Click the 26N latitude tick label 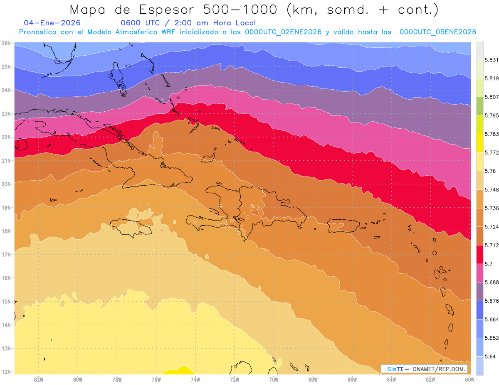coord(6,43)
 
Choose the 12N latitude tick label coord(6,372)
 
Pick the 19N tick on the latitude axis coord(6,208)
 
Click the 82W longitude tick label coord(39,379)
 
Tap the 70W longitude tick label coord(274,379)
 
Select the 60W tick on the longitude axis coord(470,379)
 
